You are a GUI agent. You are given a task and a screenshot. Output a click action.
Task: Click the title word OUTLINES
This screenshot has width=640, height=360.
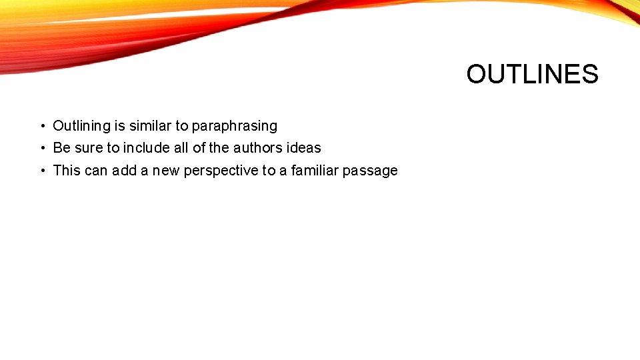click(x=532, y=74)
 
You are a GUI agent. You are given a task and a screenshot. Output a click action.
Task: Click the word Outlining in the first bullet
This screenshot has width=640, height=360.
click(x=81, y=125)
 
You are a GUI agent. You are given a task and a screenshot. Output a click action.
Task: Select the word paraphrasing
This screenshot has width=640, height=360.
click(x=235, y=125)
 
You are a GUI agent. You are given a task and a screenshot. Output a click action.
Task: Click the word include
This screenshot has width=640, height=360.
click(x=147, y=147)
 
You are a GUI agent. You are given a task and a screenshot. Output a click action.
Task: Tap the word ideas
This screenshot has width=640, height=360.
click(x=305, y=147)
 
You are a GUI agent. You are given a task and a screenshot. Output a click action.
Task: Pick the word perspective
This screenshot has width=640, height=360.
click(x=221, y=171)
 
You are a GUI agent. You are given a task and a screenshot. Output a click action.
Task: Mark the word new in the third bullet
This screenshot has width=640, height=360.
click(x=166, y=171)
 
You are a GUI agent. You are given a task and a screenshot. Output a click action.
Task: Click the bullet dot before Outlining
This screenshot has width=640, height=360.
click(x=41, y=126)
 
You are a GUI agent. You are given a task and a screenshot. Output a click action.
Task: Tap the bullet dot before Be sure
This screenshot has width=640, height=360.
click(x=41, y=148)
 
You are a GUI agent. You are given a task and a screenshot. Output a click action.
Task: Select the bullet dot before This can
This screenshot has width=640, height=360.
click(x=41, y=171)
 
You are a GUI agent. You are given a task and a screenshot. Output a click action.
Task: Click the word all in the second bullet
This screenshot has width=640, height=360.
click(x=183, y=147)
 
